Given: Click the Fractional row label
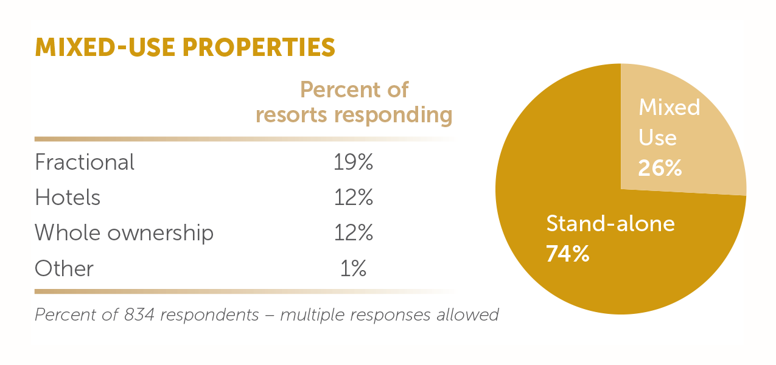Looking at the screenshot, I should coord(85,162).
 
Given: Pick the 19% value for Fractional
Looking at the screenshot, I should coord(353,162).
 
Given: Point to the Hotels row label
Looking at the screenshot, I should coord(68,198).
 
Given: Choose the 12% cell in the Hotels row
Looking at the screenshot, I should coord(353,198).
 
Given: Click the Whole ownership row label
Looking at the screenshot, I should coord(124,233).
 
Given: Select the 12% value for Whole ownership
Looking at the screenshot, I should coord(353,233).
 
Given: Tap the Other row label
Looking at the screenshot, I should coord(64,268).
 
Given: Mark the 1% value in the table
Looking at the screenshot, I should coord(353,268).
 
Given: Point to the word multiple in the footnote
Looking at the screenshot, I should coord(317,315).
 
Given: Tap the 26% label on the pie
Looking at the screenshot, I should coord(660,167).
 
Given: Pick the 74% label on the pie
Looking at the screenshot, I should coord(567,253).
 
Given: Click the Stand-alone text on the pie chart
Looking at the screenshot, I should coord(610,224).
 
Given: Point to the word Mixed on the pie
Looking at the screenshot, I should coord(669,108).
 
